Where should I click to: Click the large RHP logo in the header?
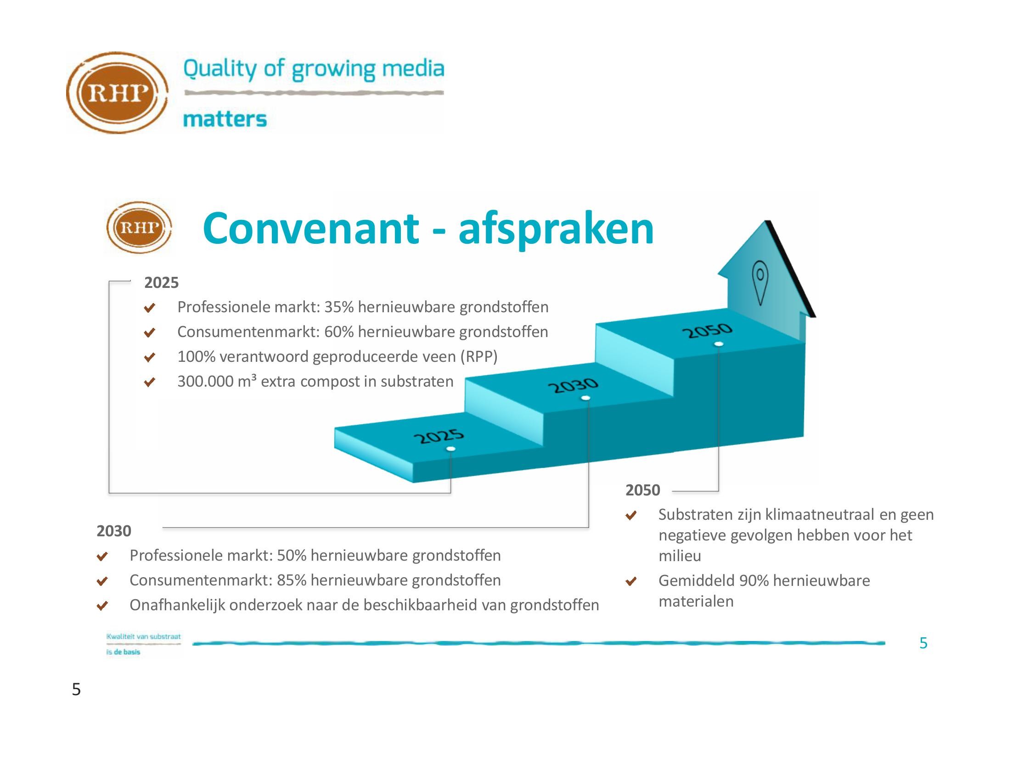tap(118, 93)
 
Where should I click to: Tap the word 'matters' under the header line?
tap(225, 119)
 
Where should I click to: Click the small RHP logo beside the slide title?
tap(139, 227)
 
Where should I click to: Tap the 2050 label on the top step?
tap(707, 330)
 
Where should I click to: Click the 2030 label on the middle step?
tap(574, 386)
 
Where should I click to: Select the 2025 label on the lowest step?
tap(439, 437)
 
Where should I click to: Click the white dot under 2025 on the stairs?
tap(450, 449)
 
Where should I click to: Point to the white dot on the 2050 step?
tap(719, 344)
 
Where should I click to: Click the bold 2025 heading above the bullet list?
tap(161, 282)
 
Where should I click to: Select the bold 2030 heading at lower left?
tap(114, 531)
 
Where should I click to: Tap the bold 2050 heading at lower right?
tap(643, 490)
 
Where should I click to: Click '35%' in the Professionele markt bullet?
tap(339, 307)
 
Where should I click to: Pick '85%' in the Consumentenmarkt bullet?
tap(291, 580)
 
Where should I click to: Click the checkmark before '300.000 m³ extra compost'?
tap(150, 382)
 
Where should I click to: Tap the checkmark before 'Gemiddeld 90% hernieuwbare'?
tap(631, 581)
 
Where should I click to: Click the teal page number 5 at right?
tap(923, 643)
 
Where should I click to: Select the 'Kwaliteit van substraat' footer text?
tap(144, 637)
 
